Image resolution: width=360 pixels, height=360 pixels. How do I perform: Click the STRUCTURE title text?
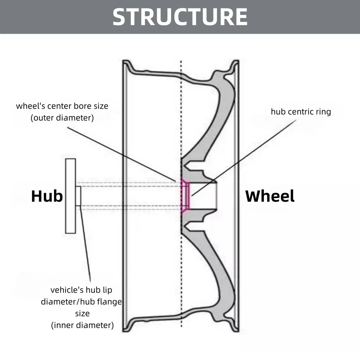coord(180,17)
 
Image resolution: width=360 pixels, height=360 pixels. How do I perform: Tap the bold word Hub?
coord(47,196)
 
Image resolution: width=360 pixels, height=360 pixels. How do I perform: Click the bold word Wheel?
coord(270,196)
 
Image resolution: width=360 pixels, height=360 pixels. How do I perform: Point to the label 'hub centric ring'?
coord(301,112)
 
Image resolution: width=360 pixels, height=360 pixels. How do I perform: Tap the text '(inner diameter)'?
coord(82,325)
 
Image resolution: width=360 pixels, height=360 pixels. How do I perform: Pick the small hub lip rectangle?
coord(78,196)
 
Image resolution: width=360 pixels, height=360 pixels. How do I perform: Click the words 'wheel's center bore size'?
coord(62,106)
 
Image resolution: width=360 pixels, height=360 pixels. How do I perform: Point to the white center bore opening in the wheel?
coord(203,196)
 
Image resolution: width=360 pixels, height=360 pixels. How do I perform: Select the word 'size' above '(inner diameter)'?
coord(82,314)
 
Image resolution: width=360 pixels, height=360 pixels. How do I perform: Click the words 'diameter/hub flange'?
coord(81,302)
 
